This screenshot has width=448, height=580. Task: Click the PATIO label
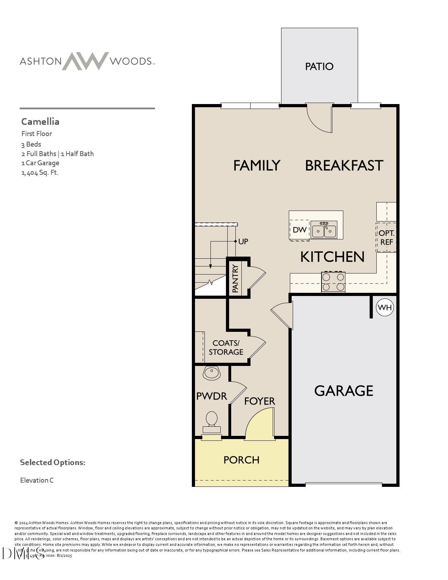tap(319, 66)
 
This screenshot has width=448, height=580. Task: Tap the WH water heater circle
tap(385, 308)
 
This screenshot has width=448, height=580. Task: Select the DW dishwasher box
tap(299, 230)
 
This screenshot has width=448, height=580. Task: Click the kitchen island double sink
tap(324, 231)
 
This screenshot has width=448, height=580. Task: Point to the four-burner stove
tap(333, 282)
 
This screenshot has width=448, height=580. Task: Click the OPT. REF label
tap(386, 238)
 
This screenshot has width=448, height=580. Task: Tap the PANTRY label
tap(235, 278)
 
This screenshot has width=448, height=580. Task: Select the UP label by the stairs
tap(243, 241)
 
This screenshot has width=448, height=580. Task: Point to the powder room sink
tap(212, 372)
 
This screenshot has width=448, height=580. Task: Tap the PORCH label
tap(241, 460)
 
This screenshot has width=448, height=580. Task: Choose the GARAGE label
tap(344, 391)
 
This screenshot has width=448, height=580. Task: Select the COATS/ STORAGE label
tap(226, 347)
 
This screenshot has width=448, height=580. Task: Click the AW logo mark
tap(85, 61)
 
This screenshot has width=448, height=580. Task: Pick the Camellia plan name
tap(40, 122)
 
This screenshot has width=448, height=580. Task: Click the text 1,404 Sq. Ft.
tap(40, 173)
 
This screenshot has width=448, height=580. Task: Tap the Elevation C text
tap(37, 480)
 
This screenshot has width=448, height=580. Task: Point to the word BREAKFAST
tap(344, 166)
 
